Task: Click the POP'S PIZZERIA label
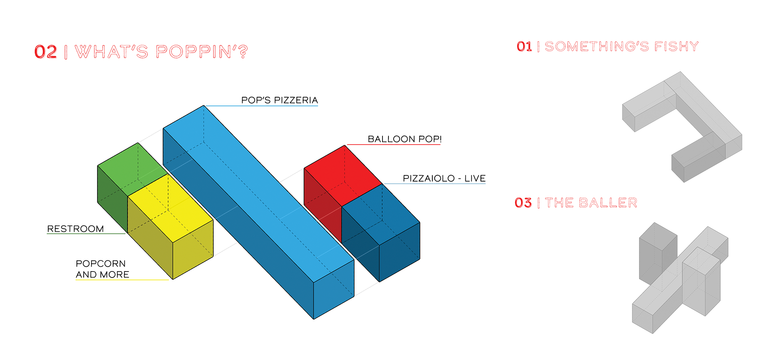(279, 100)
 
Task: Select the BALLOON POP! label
(404, 139)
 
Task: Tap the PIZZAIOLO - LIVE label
(444, 178)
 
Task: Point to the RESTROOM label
(75, 229)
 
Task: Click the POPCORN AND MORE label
(102, 269)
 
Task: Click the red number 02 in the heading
(45, 52)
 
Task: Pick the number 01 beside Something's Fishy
(524, 47)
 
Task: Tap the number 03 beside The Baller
(523, 203)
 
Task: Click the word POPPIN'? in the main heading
(202, 52)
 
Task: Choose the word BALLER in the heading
(608, 203)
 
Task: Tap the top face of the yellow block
(170, 208)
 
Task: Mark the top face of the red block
(343, 176)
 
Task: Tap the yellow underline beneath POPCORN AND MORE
(122, 280)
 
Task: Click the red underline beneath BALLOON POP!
(394, 144)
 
